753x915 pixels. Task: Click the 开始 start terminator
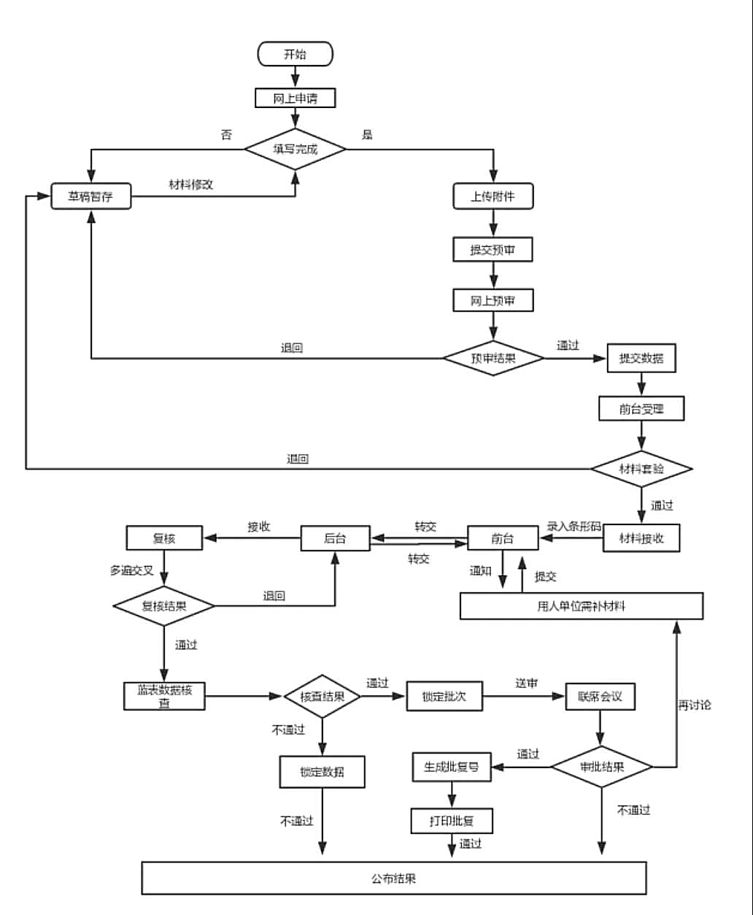(x=296, y=54)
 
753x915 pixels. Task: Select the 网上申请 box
(x=296, y=98)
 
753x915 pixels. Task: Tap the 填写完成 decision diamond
(x=296, y=149)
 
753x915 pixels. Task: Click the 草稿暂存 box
(x=91, y=196)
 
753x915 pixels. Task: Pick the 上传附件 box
(x=493, y=196)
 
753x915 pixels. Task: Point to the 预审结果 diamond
(x=494, y=358)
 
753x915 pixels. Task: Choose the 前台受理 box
(x=641, y=409)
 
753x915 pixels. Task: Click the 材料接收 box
(x=641, y=539)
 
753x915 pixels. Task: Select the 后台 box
(x=335, y=539)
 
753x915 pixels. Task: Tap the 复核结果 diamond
(x=163, y=605)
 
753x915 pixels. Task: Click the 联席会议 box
(x=600, y=696)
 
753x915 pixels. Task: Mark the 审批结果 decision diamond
(x=601, y=767)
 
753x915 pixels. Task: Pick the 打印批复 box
(x=452, y=821)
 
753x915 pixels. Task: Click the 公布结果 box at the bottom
(x=394, y=878)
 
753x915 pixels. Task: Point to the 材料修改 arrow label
(x=191, y=185)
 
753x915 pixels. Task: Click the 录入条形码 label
(x=574, y=526)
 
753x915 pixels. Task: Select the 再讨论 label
(x=694, y=705)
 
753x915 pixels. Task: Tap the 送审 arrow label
(x=526, y=683)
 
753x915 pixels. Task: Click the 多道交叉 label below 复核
(x=131, y=570)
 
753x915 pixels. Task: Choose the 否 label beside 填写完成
(x=226, y=135)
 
